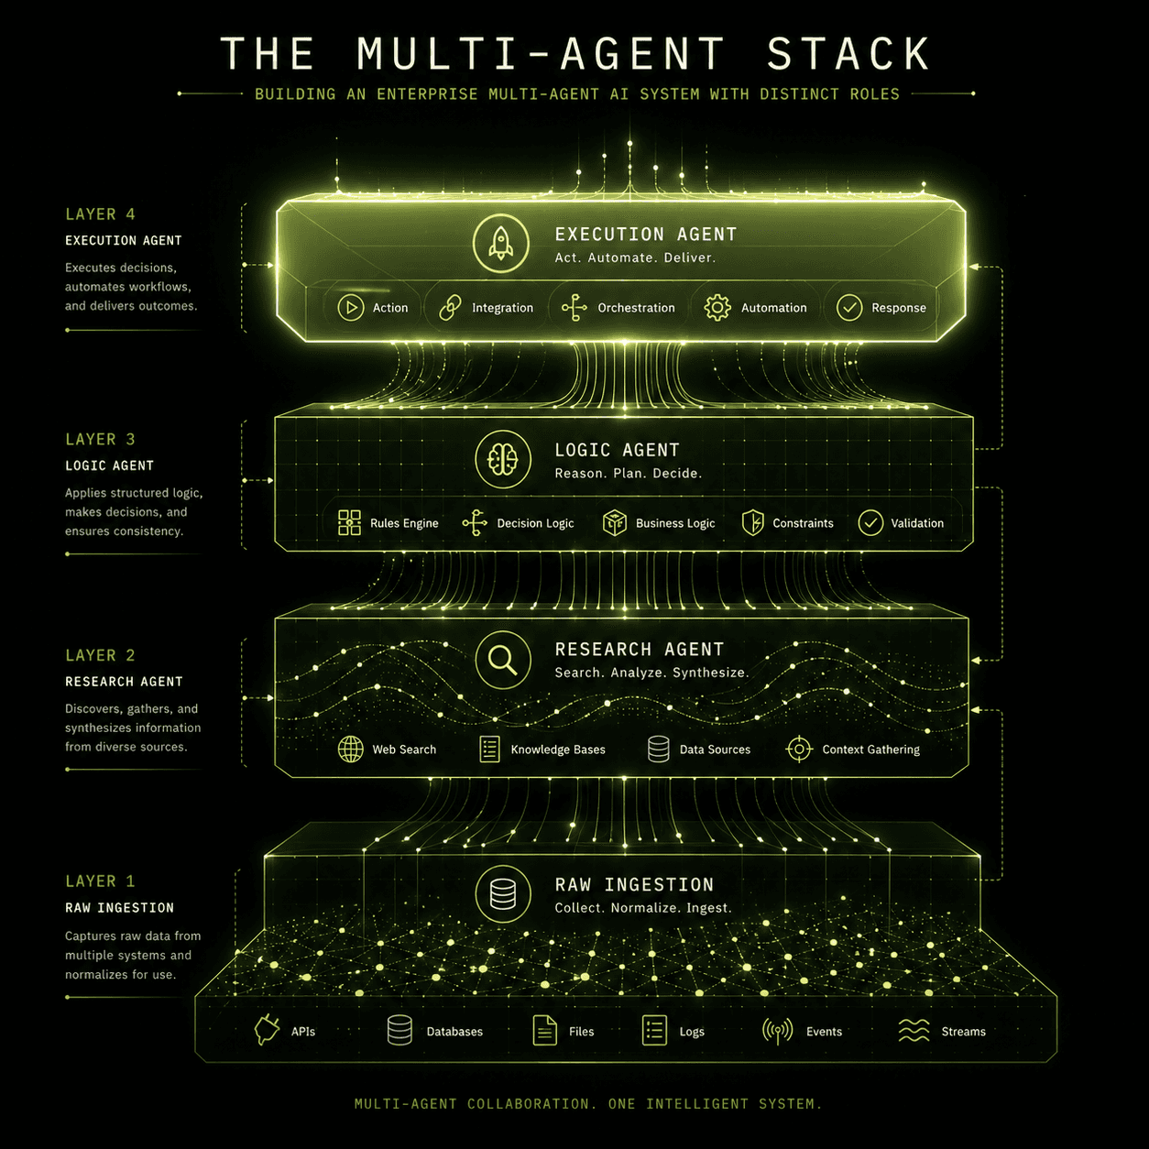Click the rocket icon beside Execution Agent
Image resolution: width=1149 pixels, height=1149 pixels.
500,243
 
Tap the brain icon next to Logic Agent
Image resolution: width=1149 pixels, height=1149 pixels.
503,459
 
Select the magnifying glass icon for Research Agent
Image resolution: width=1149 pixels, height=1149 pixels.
503,659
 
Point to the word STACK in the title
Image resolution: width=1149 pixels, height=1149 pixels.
848,54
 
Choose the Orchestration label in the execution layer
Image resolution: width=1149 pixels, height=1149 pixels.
636,308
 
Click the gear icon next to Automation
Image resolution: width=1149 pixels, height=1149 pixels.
717,308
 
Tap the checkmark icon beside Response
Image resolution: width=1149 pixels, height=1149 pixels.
849,308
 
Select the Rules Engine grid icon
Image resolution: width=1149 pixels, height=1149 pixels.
349,523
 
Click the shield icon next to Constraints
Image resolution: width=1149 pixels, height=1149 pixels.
752,523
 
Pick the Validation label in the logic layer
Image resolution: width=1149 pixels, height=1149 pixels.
917,523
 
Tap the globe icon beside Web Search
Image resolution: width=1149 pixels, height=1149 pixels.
351,750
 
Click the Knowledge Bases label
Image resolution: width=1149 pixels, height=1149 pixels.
558,750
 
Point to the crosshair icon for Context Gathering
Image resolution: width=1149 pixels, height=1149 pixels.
799,750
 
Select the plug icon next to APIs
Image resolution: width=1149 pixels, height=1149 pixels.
267,1031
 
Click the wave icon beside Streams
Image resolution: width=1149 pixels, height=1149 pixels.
914,1031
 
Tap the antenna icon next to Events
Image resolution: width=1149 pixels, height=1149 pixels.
777,1031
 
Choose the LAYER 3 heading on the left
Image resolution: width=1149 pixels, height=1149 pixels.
100,440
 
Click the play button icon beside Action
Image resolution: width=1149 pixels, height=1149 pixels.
351,308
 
